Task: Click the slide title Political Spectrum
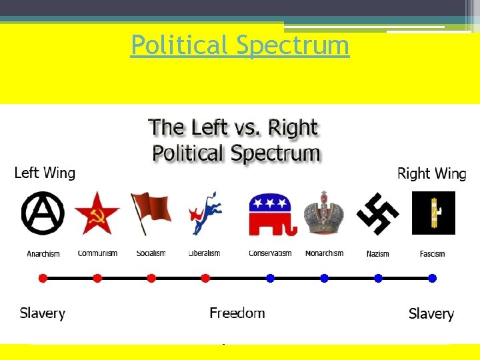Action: point(240,45)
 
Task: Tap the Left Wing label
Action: point(45,173)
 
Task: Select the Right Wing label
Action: point(431,174)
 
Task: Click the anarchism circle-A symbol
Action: point(43,213)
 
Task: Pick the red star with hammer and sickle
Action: point(97,213)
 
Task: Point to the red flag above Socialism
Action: point(151,213)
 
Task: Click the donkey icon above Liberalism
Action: point(205,213)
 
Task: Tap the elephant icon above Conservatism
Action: point(270,213)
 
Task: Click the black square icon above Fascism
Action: point(433,213)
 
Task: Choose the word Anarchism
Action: point(43,254)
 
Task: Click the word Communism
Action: point(97,253)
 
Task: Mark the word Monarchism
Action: point(324,253)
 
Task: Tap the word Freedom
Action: point(237,313)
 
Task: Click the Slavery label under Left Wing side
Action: point(43,313)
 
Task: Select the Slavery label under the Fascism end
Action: point(431,314)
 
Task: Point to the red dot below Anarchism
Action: point(43,278)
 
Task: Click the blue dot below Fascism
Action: point(432,278)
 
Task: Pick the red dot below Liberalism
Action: point(205,278)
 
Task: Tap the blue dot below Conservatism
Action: point(270,278)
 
